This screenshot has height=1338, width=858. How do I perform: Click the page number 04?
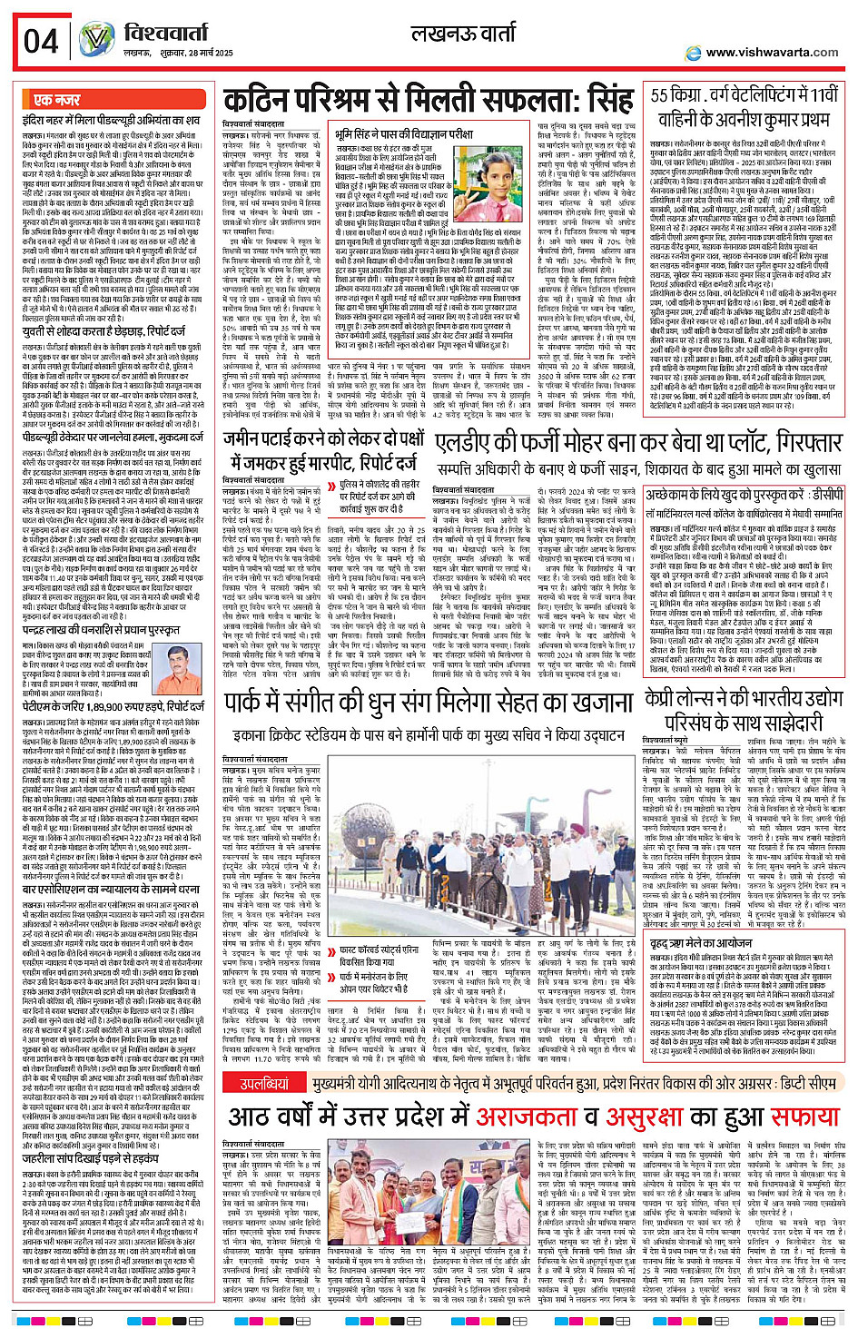click(x=41, y=41)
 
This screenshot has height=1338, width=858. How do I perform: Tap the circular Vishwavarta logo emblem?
click(x=96, y=39)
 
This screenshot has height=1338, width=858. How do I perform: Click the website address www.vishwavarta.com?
click(x=772, y=53)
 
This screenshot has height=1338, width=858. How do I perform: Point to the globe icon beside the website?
click(x=694, y=52)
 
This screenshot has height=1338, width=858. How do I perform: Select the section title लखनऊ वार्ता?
click(x=463, y=35)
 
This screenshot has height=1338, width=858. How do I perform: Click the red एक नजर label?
click(x=57, y=100)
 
